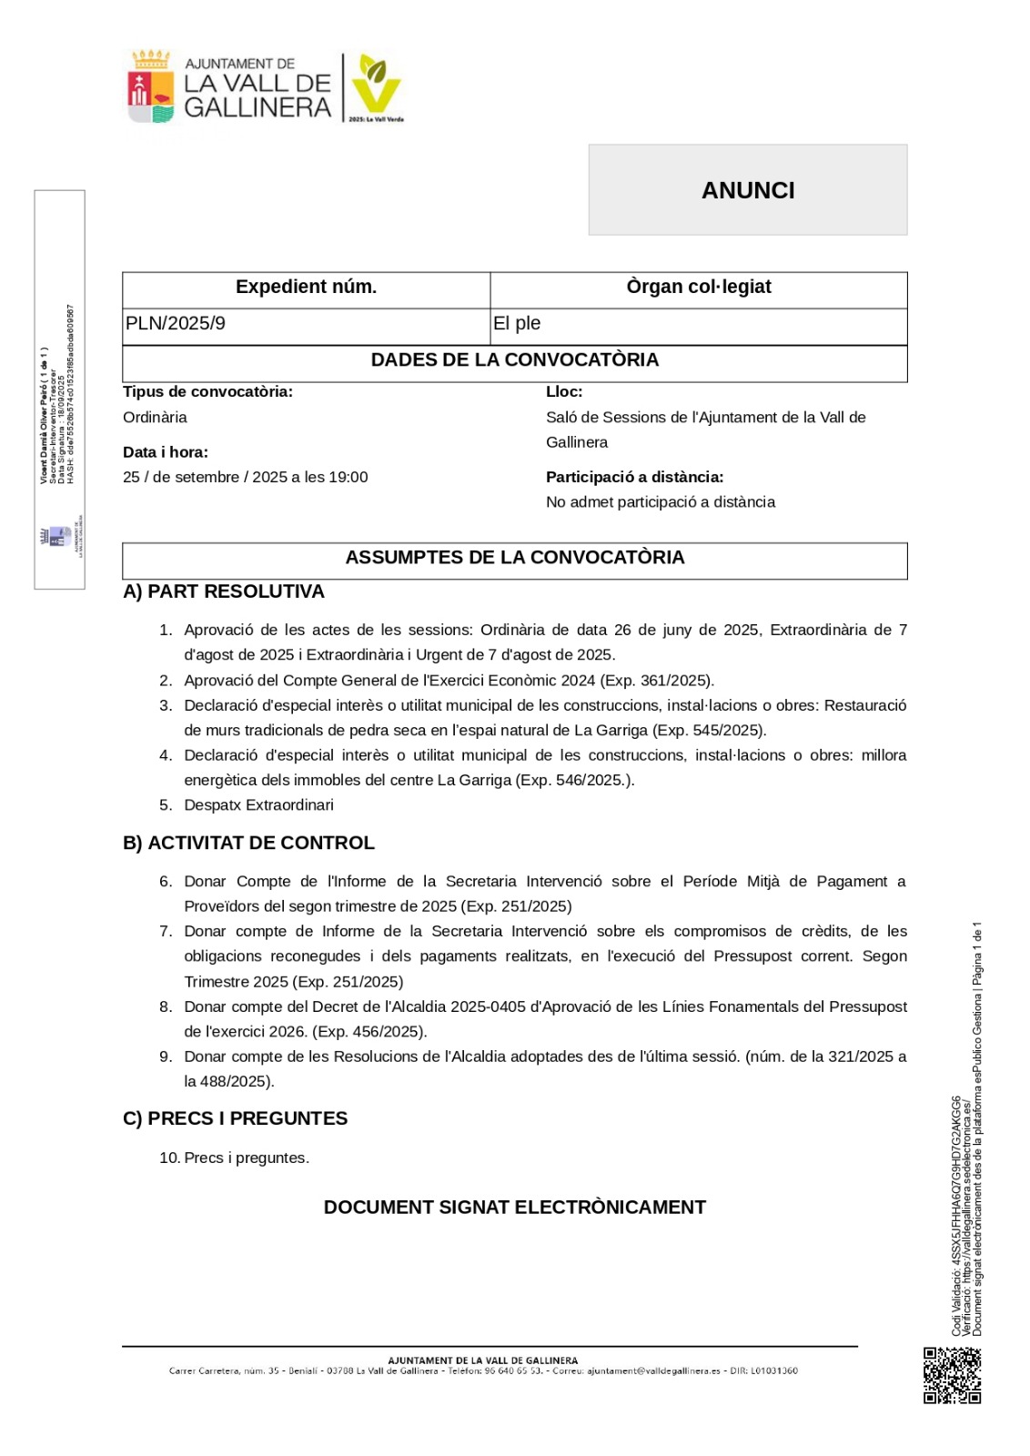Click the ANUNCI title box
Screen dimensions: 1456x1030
[747, 190]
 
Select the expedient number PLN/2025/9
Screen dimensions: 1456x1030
[176, 324]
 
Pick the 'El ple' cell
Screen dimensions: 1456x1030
[517, 324]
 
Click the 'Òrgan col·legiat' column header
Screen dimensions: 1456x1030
[698, 288]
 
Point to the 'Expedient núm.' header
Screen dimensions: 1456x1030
[306, 288]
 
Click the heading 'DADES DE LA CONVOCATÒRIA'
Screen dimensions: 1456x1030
[514, 360]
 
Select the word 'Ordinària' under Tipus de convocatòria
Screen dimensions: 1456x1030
[155, 418]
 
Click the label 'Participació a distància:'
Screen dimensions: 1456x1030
[634, 478]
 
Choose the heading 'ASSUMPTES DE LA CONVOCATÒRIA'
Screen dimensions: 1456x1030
[514, 558]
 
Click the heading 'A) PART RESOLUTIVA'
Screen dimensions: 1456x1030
[224, 592]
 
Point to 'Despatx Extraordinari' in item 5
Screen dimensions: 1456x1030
[258, 805]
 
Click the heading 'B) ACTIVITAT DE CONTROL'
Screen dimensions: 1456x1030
[248, 844]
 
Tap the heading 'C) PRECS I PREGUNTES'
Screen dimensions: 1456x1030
[235, 1119]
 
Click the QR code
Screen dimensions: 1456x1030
[952, 1375]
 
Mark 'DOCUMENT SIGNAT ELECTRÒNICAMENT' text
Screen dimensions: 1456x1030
[514, 1208]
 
